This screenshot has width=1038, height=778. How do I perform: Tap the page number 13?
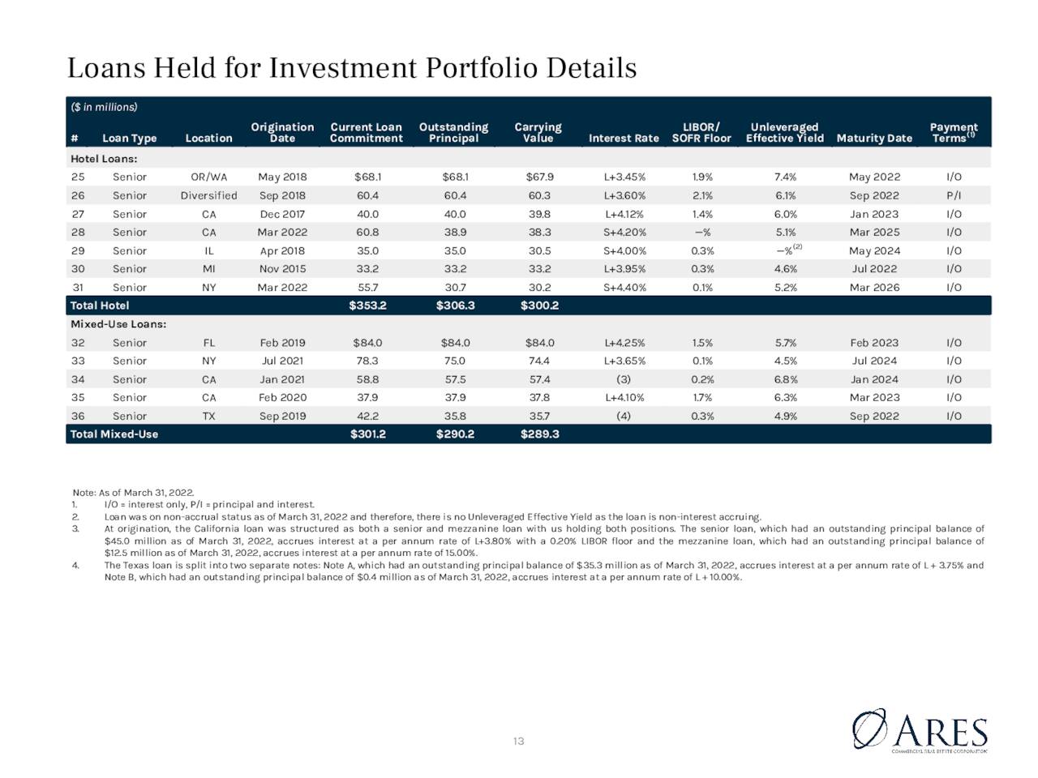[518, 742]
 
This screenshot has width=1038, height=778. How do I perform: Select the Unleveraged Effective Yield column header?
[784, 133]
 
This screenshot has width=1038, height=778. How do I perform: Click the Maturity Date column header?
[874, 139]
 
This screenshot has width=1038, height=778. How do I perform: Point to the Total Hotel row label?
[99, 306]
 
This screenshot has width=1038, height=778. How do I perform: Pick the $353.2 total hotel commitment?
[367, 306]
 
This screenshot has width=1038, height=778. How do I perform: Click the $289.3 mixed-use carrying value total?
[539, 434]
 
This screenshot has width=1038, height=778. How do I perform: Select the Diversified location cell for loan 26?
[208, 195]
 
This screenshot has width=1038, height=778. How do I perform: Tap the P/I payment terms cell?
[954, 195]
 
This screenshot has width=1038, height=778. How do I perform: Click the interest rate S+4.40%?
[624, 287]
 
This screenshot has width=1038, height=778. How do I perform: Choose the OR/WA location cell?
[208, 177]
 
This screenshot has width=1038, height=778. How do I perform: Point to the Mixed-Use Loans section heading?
[118, 324]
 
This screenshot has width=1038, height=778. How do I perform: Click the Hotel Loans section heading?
[104, 159]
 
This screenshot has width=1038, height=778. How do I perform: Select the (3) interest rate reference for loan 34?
[624, 379]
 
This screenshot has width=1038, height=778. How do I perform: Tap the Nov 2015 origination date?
[282, 269]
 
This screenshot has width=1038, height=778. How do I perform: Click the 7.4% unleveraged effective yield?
[785, 177]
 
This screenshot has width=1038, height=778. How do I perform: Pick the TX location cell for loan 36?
[208, 417]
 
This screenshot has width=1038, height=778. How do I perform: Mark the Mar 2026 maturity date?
[874, 287]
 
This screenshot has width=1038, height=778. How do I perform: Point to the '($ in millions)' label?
[104, 107]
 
